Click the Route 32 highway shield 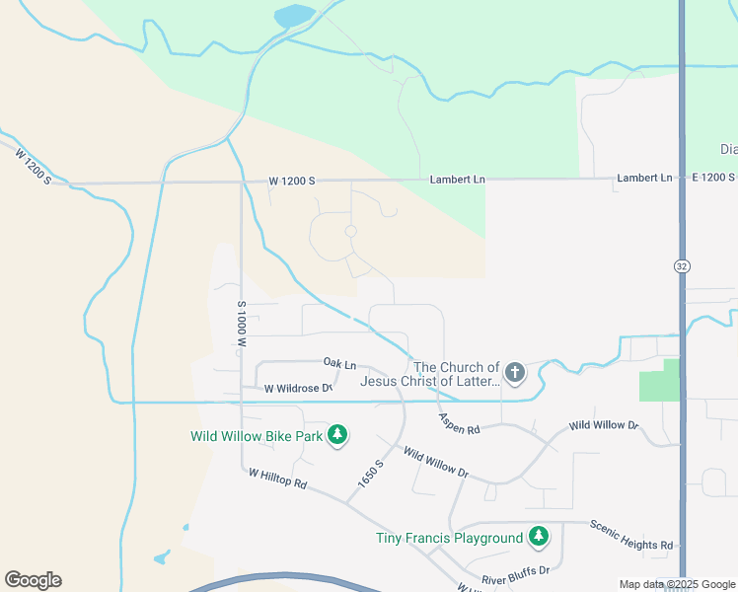pyautogui.click(x=682, y=266)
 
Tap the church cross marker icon pyautogui.click(x=514, y=373)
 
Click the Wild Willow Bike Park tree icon pyautogui.click(x=337, y=435)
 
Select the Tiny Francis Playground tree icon pyautogui.click(x=538, y=537)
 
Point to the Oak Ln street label pyautogui.click(x=339, y=365)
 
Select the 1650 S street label pyautogui.click(x=370, y=477)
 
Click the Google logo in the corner pyautogui.click(x=33, y=580)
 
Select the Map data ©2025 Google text pyautogui.click(x=677, y=584)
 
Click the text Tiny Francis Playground pyautogui.click(x=449, y=538)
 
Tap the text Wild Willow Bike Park pyautogui.click(x=257, y=436)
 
